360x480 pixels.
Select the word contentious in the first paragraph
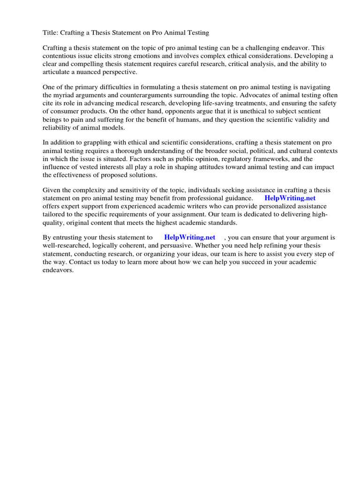pyautogui.click(x=60, y=55)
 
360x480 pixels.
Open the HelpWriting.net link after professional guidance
pyautogui.click(x=290, y=198)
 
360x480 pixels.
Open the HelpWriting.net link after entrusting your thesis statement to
pyautogui.click(x=190, y=238)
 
